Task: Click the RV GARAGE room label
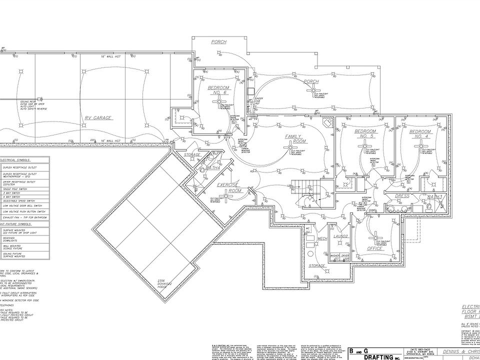tap(98, 118)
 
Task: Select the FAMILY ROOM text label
tap(295, 138)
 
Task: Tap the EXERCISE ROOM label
tap(229, 187)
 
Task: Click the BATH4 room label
tap(213, 167)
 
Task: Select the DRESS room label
tap(402, 196)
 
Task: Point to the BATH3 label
tap(434, 196)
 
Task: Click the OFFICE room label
tap(375, 248)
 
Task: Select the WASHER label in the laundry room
tap(335, 255)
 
